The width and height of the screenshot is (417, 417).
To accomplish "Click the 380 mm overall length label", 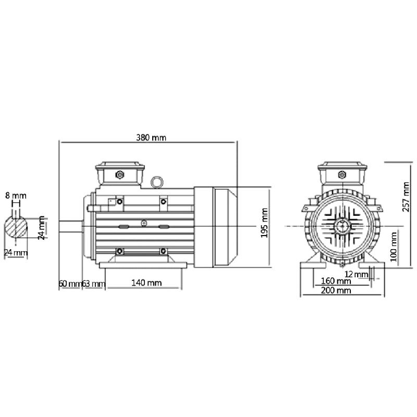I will [151, 138].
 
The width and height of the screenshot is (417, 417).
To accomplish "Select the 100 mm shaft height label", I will [394, 247].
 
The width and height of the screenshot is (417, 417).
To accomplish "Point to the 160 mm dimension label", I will [336, 281].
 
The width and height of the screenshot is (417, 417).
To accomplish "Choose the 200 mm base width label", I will [336, 290].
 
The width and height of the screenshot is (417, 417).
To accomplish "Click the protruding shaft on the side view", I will [70, 227].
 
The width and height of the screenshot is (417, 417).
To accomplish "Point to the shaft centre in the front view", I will [342, 227].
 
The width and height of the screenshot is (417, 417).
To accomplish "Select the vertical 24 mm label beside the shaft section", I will [41, 229].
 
